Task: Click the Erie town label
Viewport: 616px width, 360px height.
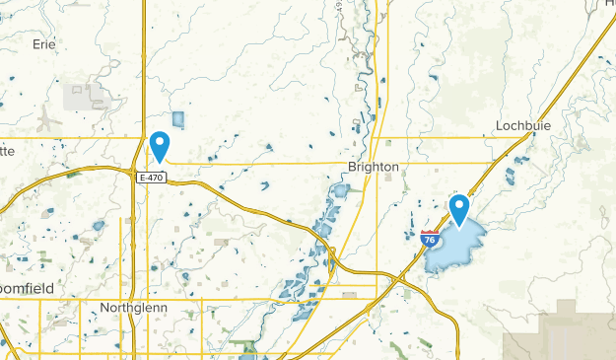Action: [x=43, y=44]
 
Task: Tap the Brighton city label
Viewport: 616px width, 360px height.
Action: [x=374, y=168]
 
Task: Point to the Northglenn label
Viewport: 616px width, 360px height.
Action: [x=133, y=308]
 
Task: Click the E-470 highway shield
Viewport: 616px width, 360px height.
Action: [x=151, y=178]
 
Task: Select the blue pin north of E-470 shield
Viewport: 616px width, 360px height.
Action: [x=159, y=147]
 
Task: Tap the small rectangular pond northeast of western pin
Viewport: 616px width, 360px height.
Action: [x=178, y=120]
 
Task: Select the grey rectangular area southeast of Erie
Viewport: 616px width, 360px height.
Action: [x=86, y=96]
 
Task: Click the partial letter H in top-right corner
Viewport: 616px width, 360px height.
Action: [x=609, y=4]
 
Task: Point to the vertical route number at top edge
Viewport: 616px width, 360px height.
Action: [x=365, y=6]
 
